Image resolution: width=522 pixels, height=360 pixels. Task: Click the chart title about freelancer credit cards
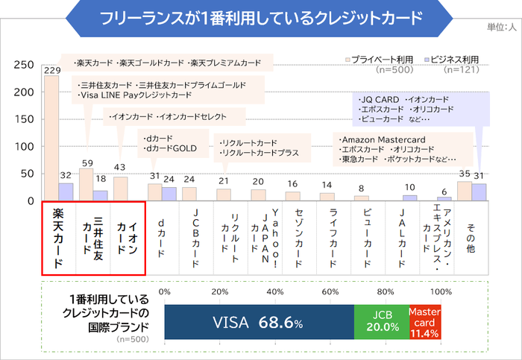(x=260, y=17)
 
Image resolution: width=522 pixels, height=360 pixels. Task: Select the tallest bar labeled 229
(x=51, y=138)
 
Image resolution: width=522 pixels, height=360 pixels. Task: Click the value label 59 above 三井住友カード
(x=86, y=162)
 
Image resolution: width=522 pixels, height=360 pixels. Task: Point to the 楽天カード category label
(x=59, y=237)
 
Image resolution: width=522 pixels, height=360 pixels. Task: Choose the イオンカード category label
(x=127, y=237)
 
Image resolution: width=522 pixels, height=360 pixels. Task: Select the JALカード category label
(x=401, y=237)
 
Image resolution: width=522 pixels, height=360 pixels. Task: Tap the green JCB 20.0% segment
(x=380, y=323)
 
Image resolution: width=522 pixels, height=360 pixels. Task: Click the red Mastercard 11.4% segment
(x=426, y=323)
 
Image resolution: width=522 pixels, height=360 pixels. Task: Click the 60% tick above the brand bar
(x=330, y=291)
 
